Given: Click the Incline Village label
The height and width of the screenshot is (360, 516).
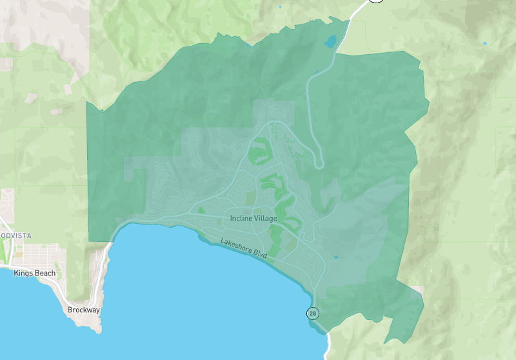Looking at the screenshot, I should (253, 219).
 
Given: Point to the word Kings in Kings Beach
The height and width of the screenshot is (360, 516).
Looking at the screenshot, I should (25, 274).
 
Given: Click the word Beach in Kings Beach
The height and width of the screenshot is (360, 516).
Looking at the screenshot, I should (45, 274).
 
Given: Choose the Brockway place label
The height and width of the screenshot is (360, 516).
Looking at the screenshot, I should (83, 310).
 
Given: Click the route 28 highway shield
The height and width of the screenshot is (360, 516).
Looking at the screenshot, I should (313, 314).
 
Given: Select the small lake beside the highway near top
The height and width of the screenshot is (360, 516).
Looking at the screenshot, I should (331, 43).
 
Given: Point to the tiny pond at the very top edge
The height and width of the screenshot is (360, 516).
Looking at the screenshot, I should (280, 6).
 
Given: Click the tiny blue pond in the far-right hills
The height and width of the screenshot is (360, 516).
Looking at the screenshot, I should (485, 43).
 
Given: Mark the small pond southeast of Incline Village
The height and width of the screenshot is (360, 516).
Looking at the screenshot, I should (335, 257).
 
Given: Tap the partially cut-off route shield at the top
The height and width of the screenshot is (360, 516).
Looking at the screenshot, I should (375, 2).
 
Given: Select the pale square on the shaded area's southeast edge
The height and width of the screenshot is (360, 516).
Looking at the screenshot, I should (417, 292).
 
